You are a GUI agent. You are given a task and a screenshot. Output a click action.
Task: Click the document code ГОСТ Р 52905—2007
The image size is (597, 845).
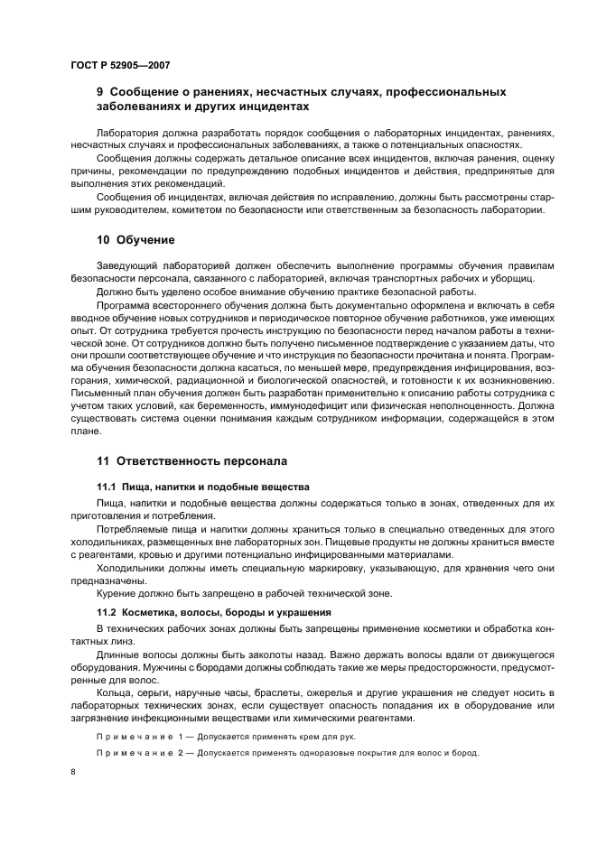[x=119, y=65]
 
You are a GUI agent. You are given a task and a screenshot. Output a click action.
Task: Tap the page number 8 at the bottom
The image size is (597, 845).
[x=72, y=773]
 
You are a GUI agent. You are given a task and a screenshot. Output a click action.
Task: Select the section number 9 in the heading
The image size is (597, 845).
[x=100, y=91]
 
